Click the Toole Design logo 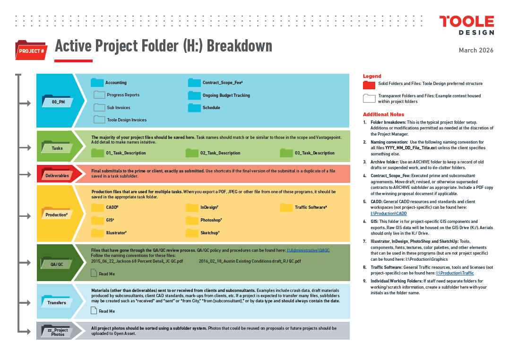(x=466, y=26)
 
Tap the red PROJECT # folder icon (x=31, y=50)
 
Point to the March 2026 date (x=476, y=51)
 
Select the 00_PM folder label (x=58, y=102)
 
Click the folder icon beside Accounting (x=97, y=83)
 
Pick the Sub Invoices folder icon (x=99, y=107)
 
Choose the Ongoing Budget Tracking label (x=226, y=95)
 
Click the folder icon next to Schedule (x=194, y=108)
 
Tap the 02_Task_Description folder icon (x=192, y=153)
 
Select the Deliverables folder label (x=57, y=176)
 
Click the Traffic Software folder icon (x=286, y=207)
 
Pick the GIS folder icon (x=97, y=220)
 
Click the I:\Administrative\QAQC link (x=308, y=250)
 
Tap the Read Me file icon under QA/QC (x=94, y=273)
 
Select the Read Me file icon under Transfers (x=94, y=311)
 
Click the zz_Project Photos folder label (x=58, y=332)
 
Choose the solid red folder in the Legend (x=369, y=85)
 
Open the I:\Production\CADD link (x=388, y=214)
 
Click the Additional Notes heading (x=383, y=114)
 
